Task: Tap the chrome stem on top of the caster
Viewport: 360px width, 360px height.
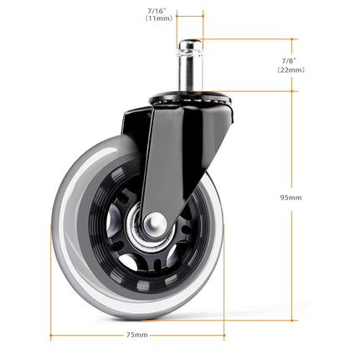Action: click(x=189, y=70)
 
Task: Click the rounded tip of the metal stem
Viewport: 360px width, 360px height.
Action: click(x=189, y=44)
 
